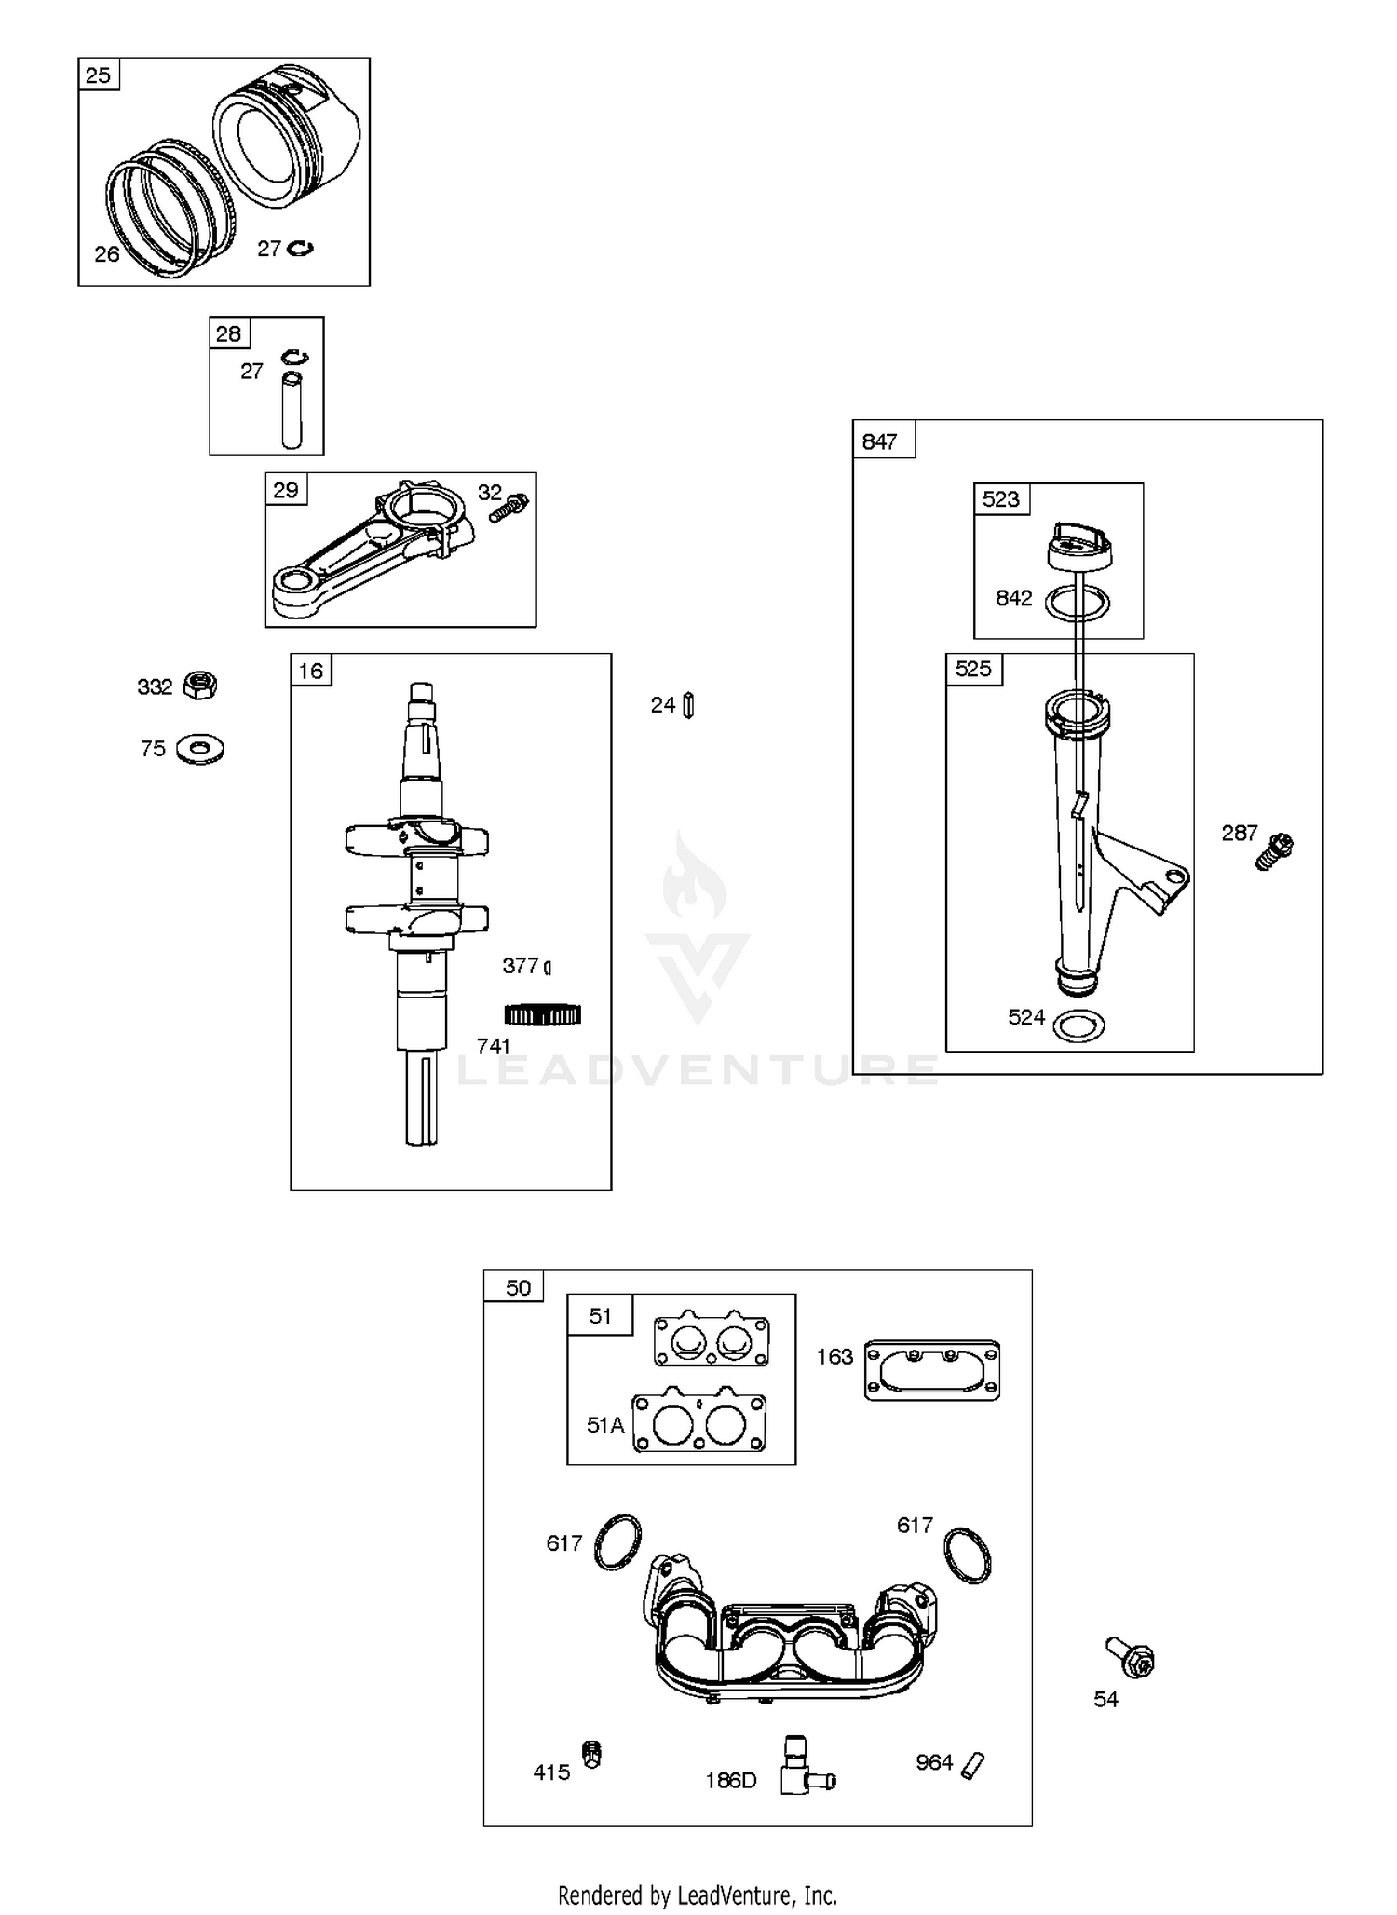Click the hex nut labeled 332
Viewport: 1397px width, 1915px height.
[200, 686]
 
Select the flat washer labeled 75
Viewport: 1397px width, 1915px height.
[199, 749]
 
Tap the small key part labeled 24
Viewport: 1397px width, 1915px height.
[688, 705]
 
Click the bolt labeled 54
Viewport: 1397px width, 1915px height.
[1131, 1657]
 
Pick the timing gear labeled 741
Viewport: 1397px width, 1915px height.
[543, 1013]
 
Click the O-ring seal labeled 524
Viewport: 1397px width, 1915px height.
[1079, 1025]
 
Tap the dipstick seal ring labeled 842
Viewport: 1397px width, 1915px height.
[1078, 604]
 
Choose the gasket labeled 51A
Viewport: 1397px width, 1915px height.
[699, 1421]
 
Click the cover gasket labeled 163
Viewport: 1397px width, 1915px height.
[932, 1369]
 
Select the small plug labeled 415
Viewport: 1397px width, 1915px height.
[591, 1754]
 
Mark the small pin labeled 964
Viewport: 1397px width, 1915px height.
[973, 1765]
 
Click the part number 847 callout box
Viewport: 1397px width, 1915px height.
[880, 441]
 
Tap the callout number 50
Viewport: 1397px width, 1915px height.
[518, 1287]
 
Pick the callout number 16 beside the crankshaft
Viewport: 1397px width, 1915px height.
[310, 671]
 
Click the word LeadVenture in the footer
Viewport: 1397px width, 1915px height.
[738, 1895]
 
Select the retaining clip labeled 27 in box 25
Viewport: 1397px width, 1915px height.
[300, 248]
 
